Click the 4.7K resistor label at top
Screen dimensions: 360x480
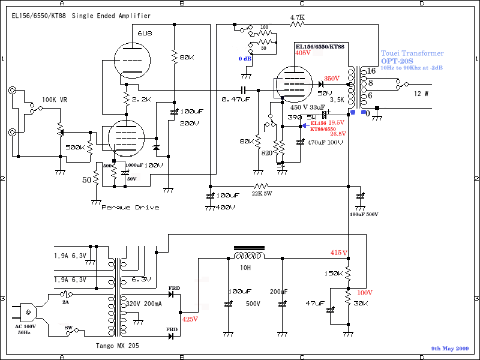click(298, 17)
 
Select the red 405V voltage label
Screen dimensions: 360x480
click(304, 53)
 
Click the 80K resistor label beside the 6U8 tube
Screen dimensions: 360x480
click(187, 57)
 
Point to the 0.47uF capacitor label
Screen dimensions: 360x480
click(235, 99)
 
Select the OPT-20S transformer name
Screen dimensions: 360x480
click(398, 61)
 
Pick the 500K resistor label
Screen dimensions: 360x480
click(76, 147)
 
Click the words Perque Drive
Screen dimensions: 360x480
click(130, 208)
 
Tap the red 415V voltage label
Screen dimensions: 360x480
click(339, 253)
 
